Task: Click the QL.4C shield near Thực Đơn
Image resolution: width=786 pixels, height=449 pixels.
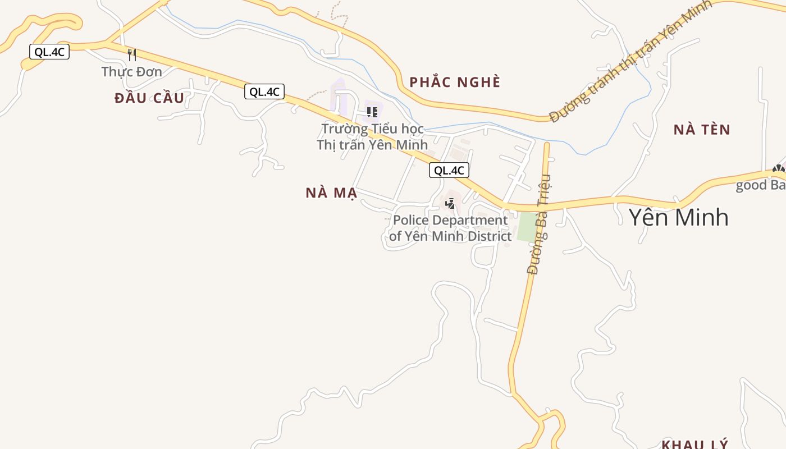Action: point(49,52)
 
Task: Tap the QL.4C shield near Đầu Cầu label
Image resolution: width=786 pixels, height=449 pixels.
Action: point(264,91)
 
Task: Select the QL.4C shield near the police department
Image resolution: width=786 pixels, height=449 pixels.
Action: point(449,170)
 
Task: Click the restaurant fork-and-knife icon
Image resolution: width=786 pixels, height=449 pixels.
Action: point(132,54)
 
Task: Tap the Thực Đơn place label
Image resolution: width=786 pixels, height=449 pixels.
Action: point(131,72)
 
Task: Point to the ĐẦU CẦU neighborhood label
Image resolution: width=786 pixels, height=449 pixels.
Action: point(149,98)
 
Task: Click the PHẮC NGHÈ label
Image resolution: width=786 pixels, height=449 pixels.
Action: point(454,83)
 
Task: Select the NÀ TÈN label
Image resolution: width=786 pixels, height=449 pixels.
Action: point(702,130)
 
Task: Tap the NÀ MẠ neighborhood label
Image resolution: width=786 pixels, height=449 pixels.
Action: point(331,193)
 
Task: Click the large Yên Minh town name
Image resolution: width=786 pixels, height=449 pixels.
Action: point(678,217)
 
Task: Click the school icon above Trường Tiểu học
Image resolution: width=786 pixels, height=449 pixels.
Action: point(372,112)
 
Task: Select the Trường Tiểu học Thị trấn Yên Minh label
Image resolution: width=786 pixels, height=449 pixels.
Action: point(372,137)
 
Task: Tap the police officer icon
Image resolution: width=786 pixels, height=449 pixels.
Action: point(450,203)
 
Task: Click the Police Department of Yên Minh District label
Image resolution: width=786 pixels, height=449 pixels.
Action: point(450,228)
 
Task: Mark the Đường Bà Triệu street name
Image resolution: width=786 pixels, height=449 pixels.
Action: point(540,224)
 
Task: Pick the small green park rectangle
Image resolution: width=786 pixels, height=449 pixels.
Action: point(527,227)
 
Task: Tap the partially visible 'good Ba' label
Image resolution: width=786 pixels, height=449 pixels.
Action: point(761,185)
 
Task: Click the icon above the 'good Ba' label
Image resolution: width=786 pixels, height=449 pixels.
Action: point(778,168)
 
